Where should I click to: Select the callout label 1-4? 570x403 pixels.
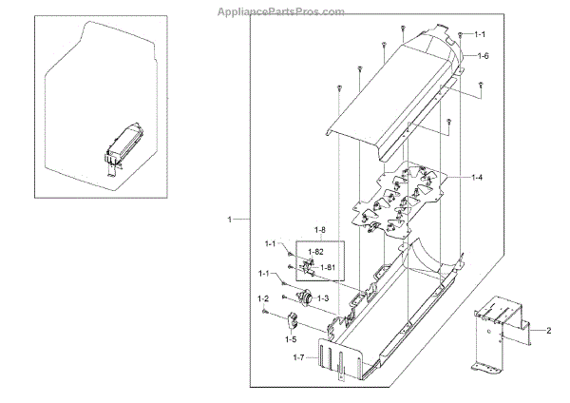tap(478, 178)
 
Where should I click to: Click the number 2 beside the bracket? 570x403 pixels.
tap(548, 331)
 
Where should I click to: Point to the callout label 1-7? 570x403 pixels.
tap(298, 357)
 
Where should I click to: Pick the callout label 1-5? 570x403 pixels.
tap(289, 338)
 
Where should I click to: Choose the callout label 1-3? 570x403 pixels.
tap(323, 298)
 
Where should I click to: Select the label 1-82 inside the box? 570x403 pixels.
tap(315, 250)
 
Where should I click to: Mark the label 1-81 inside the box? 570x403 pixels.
tap(328, 267)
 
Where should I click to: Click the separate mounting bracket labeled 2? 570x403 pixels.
tap(498, 333)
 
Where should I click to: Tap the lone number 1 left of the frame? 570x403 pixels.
tap(230, 220)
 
